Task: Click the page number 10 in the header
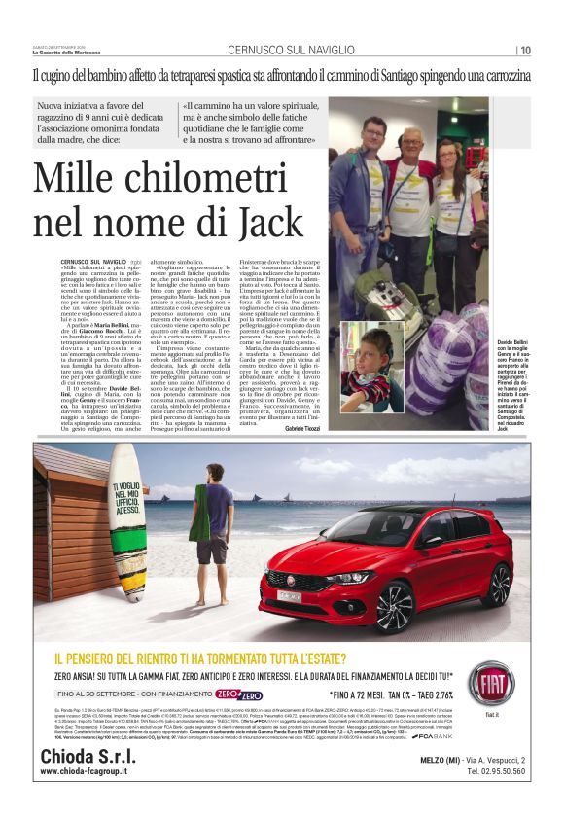525,51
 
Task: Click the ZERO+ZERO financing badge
239,695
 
